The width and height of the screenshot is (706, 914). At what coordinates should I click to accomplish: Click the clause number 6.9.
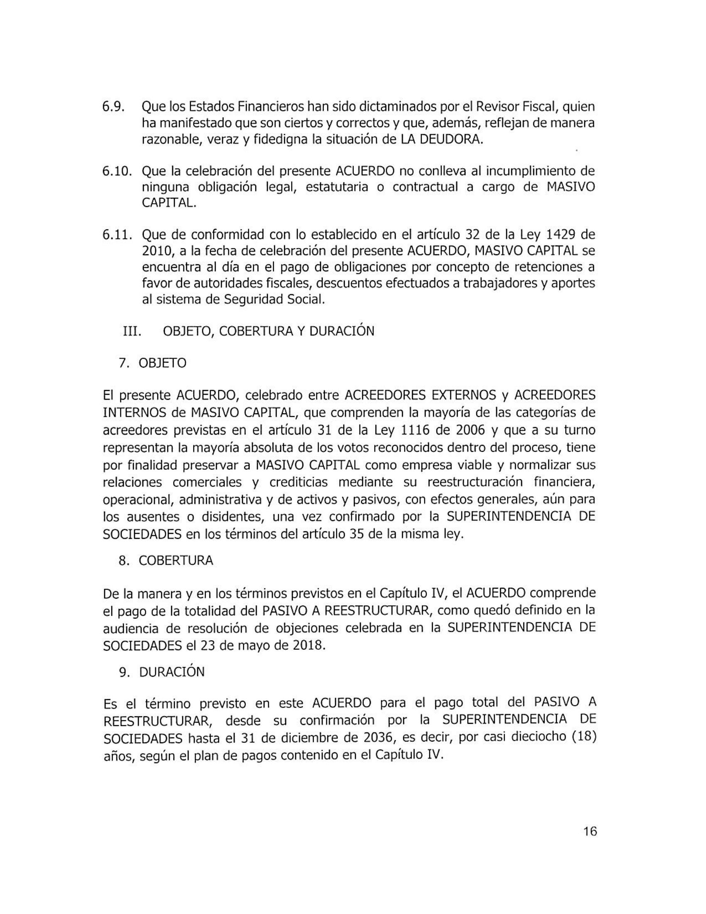click(x=114, y=107)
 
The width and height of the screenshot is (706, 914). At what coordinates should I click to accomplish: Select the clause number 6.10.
click(x=118, y=171)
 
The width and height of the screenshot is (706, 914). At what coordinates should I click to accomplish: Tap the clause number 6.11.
click(x=118, y=235)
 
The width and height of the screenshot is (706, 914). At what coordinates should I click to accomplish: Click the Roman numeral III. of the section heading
click(x=132, y=331)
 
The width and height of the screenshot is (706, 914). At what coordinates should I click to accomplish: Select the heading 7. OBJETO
click(x=153, y=363)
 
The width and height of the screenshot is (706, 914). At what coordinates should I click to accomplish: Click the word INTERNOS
click(x=134, y=413)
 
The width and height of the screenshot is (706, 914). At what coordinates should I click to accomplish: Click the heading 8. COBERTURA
click(x=166, y=561)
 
